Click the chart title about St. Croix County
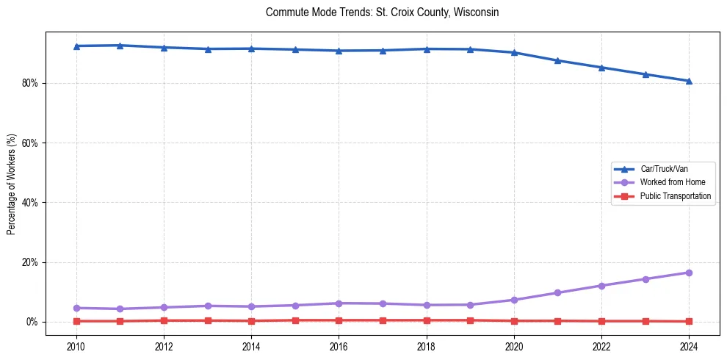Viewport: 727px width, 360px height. pos(382,12)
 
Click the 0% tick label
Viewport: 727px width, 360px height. pos(32,322)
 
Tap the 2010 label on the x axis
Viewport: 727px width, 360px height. pos(76,345)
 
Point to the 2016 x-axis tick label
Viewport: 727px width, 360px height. pos(339,345)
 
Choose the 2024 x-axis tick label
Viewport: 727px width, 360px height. pos(689,345)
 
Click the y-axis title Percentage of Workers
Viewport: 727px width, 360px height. pos(12,184)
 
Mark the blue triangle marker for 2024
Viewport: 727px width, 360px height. pos(689,81)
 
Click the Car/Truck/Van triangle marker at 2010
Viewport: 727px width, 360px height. pos(76,46)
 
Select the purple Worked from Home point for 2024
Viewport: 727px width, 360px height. pos(689,273)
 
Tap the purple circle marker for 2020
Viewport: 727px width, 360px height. pos(514,300)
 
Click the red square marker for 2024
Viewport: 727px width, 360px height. pos(689,321)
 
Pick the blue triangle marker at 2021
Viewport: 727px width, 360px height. pos(557,60)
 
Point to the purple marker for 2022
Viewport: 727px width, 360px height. pos(601,286)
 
